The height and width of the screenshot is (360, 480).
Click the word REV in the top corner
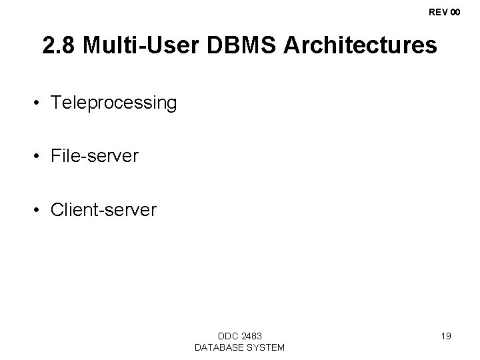pyautogui.click(x=439, y=12)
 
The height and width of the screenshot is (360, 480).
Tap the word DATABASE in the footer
pyautogui.click(x=217, y=347)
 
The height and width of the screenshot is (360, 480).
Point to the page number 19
pyautogui.click(x=446, y=336)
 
